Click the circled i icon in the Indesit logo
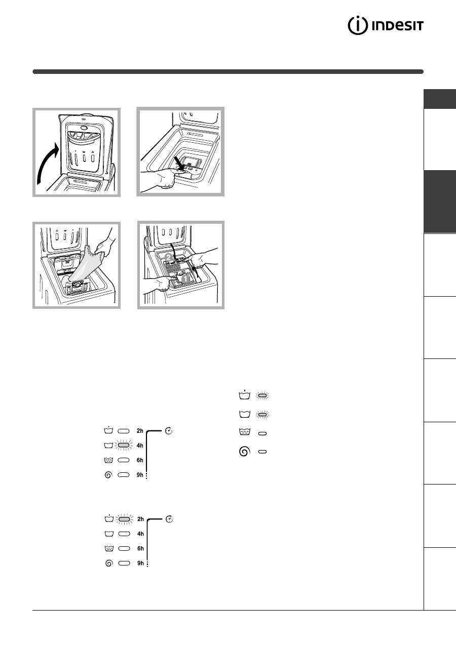pos(358,26)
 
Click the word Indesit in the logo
pos(398,26)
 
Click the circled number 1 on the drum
pos(185,278)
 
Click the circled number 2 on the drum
pos(169,257)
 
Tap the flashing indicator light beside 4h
pos(124,445)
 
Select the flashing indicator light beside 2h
pos(124,519)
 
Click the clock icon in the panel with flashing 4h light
pos(169,431)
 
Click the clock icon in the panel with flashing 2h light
pos(170,519)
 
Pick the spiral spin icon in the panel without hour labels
pos(244,452)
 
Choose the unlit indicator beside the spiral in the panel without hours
pos(262,452)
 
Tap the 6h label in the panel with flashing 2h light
pos(140,548)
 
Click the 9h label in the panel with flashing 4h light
pos(140,475)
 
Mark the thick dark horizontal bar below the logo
pos(228,72)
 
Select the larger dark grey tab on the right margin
pos(440,201)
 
